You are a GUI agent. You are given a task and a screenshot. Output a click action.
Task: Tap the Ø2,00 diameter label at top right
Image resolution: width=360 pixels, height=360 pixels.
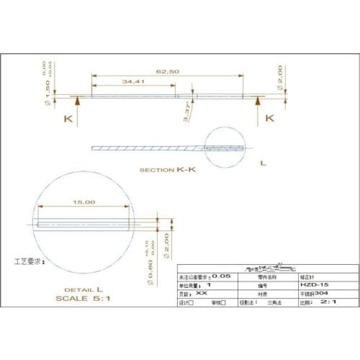[279, 75]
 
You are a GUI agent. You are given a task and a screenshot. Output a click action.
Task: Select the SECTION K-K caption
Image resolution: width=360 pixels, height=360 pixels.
[168, 171]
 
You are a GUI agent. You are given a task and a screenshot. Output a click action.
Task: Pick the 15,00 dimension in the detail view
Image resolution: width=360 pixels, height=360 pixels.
[84, 203]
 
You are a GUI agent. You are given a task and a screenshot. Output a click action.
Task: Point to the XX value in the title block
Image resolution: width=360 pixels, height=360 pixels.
[202, 294]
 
